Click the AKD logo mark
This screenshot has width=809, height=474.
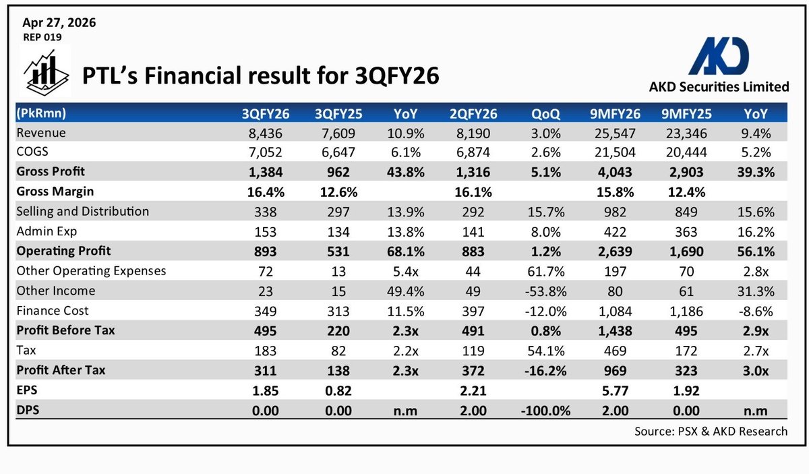pyautogui.click(x=718, y=55)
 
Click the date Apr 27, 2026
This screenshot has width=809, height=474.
pyautogui.click(x=59, y=23)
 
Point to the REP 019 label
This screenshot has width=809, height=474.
pyautogui.click(x=42, y=38)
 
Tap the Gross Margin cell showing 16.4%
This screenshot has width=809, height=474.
pyautogui.click(x=266, y=191)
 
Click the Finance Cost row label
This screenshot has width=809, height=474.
pyautogui.click(x=53, y=310)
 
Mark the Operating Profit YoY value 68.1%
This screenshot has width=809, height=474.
pyautogui.click(x=406, y=251)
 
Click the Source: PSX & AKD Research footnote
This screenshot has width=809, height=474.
pyautogui.click(x=711, y=431)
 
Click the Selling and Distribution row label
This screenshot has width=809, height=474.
pyautogui.click(x=82, y=211)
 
